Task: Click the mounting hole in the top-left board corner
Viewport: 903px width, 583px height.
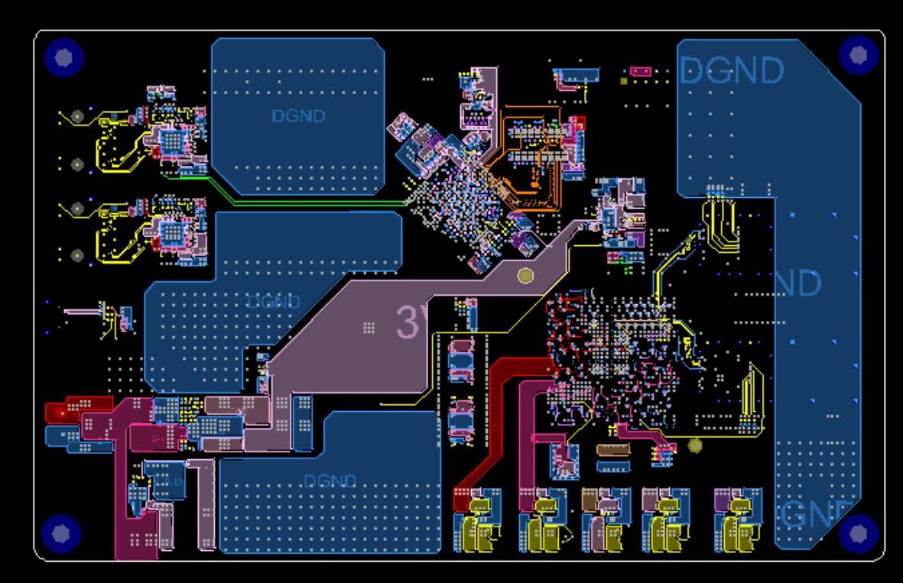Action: click(63, 57)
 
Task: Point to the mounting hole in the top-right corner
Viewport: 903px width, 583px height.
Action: click(858, 54)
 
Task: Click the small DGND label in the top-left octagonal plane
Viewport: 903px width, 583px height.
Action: click(298, 116)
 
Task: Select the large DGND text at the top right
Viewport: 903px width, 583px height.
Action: click(731, 71)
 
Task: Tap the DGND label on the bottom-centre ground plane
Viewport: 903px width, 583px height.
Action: click(330, 481)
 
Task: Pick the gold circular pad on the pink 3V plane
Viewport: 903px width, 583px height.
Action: click(525, 276)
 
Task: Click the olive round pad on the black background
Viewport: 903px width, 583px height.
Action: click(695, 445)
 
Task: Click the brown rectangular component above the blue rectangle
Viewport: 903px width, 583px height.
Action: click(612, 450)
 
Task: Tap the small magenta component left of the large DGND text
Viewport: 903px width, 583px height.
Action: click(641, 72)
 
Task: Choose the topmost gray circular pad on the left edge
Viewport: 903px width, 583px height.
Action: click(76, 116)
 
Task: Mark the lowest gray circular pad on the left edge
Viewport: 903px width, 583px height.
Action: click(76, 255)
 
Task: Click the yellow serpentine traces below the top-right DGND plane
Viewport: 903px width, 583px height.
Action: click(719, 224)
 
